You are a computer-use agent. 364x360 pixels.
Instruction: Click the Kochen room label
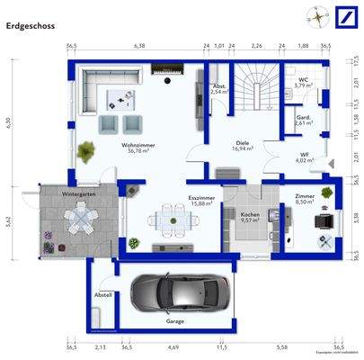pyautogui.click(x=250, y=214)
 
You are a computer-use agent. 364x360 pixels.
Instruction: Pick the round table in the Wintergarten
pyautogui.click(x=81, y=216)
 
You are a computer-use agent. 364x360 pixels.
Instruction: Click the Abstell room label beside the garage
pyautogui.click(x=102, y=294)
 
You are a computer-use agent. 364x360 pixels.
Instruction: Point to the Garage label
pyautogui.click(x=176, y=320)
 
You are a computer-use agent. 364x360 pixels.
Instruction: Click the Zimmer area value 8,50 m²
pyautogui.click(x=306, y=202)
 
